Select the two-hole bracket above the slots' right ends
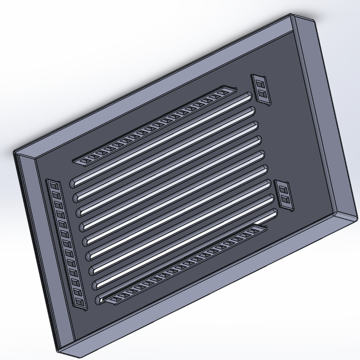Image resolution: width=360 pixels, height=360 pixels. point(261,89)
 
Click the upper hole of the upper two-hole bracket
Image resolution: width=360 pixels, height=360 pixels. point(260,84)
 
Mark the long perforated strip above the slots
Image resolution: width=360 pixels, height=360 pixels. point(154,124)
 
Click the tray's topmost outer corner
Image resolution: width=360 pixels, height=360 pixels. point(291,14)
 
